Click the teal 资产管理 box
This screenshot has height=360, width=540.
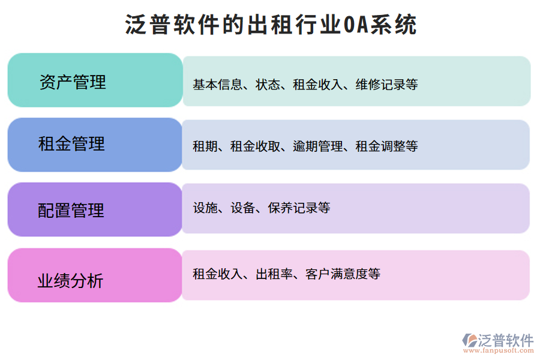pos(95,80)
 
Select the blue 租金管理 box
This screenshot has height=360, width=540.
pos(95,145)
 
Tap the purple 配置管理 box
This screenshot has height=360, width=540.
pos(95,209)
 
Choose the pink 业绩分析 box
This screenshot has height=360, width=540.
pos(95,275)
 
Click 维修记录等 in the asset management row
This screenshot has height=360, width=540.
pos(386,85)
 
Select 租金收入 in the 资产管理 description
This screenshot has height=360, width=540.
pos(317,85)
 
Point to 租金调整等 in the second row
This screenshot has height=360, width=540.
pos(386,146)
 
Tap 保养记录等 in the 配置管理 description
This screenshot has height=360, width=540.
pos(299,208)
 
